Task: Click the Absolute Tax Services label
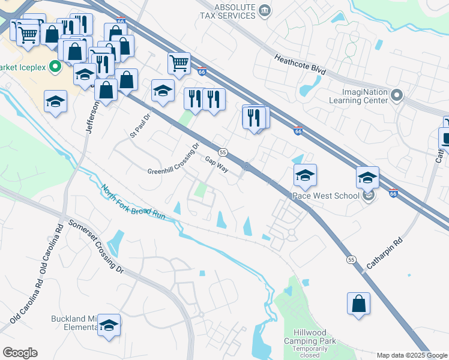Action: (x=226, y=10)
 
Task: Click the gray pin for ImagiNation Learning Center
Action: (x=396, y=95)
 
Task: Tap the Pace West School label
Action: (x=326, y=196)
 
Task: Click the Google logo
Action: (x=20, y=353)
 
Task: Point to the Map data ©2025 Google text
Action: (x=412, y=355)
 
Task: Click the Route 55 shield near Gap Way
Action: (x=222, y=152)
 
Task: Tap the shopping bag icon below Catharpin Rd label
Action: (x=358, y=302)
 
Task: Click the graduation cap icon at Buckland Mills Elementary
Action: (x=109, y=325)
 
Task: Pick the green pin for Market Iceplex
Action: (x=55, y=67)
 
